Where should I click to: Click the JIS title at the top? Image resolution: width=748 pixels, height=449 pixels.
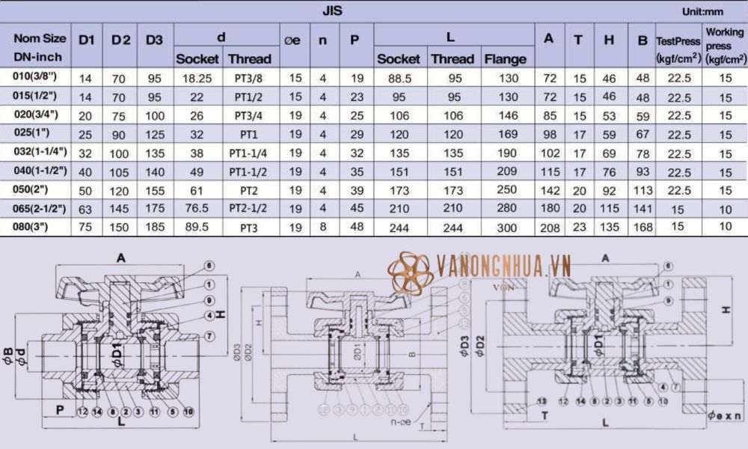coord(333,10)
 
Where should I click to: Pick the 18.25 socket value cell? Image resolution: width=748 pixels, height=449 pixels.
coord(197,78)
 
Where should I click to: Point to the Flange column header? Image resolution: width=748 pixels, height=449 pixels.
coord(506,58)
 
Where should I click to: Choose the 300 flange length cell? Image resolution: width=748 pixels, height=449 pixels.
coord(508,227)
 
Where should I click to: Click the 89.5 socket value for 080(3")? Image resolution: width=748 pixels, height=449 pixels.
coord(197,227)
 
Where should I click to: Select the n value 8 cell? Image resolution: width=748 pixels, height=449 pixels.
coord(322,227)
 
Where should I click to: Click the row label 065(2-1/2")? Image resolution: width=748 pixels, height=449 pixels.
coord(41,207)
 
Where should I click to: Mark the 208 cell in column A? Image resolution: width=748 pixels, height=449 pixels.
coord(550,227)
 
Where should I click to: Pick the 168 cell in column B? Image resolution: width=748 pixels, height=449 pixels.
coord(642,227)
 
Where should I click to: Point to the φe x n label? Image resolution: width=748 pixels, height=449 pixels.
coord(723,413)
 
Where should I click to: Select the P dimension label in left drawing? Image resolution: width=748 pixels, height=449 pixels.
coord(58,409)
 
